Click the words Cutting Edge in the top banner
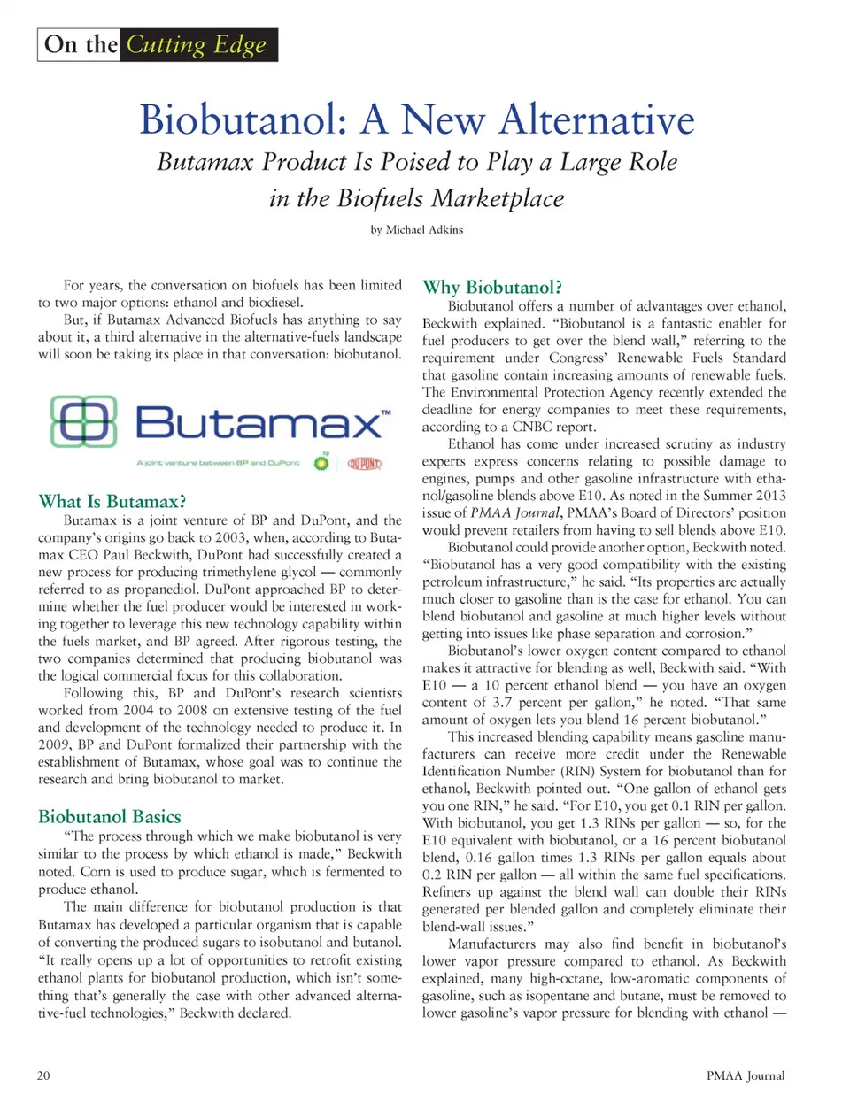(x=196, y=44)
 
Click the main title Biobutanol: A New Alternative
(x=416, y=119)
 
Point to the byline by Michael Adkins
(x=416, y=229)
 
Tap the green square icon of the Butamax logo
(x=84, y=421)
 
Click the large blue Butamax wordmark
(x=259, y=422)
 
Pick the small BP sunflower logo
(x=321, y=462)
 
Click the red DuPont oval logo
(x=364, y=463)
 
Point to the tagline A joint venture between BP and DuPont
(x=218, y=463)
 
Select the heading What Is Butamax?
(x=112, y=501)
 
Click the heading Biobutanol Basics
(x=110, y=816)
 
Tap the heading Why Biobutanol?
(x=492, y=287)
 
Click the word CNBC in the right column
(x=533, y=427)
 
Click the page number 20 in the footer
(x=43, y=1075)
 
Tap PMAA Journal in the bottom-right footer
(x=746, y=1075)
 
